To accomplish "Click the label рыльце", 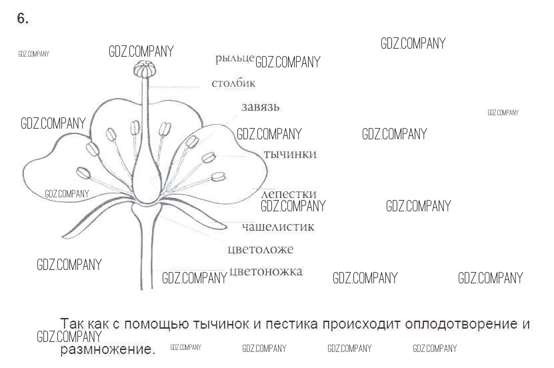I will [235, 59].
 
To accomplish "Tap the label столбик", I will [233, 84].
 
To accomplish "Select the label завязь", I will [261, 107].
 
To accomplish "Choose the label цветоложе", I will [260, 250].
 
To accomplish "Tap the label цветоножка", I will [265, 271].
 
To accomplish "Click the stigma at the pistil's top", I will [145, 69].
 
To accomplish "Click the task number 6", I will [23, 19].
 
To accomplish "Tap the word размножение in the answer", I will [107, 349].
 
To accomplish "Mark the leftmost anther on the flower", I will [83, 173].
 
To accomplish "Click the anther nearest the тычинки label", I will [209, 158].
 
